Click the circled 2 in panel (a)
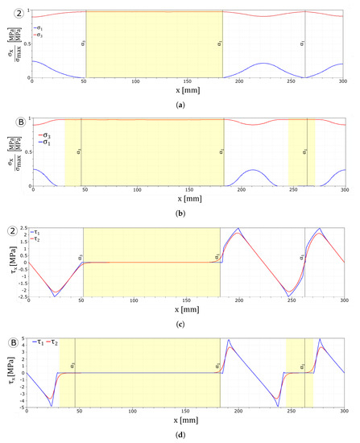[x=11, y=14]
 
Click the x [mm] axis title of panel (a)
[x=187, y=89]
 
